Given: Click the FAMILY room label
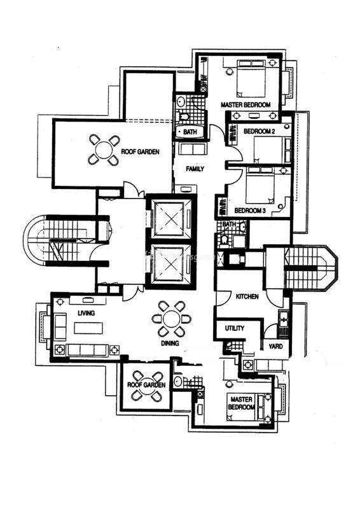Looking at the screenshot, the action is pyautogui.click(x=195, y=169).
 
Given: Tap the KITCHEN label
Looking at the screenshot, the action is pyautogui.click(x=247, y=296).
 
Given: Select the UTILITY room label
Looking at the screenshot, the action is pyautogui.click(x=234, y=328).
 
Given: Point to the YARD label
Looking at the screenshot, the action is pyautogui.click(x=275, y=346).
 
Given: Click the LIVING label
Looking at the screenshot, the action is pyautogui.click(x=87, y=313).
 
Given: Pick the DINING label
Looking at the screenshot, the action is pyautogui.click(x=170, y=343).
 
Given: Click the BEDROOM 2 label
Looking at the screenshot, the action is pyautogui.click(x=260, y=131).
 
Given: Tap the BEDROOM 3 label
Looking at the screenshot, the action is pyautogui.click(x=250, y=211).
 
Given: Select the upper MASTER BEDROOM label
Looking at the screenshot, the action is pyautogui.click(x=246, y=105).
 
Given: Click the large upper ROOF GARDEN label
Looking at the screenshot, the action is pyautogui.click(x=140, y=151).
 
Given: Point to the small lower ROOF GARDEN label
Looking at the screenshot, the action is pyautogui.click(x=146, y=385).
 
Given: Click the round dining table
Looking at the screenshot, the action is pyautogui.click(x=172, y=319).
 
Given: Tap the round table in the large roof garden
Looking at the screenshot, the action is pyautogui.click(x=104, y=150).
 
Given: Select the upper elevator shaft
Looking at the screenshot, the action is pyautogui.click(x=170, y=220).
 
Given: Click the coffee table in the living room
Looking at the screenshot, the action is pyautogui.click(x=88, y=328).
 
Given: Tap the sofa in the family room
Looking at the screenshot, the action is pyautogui.click(x=193, y=149).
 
